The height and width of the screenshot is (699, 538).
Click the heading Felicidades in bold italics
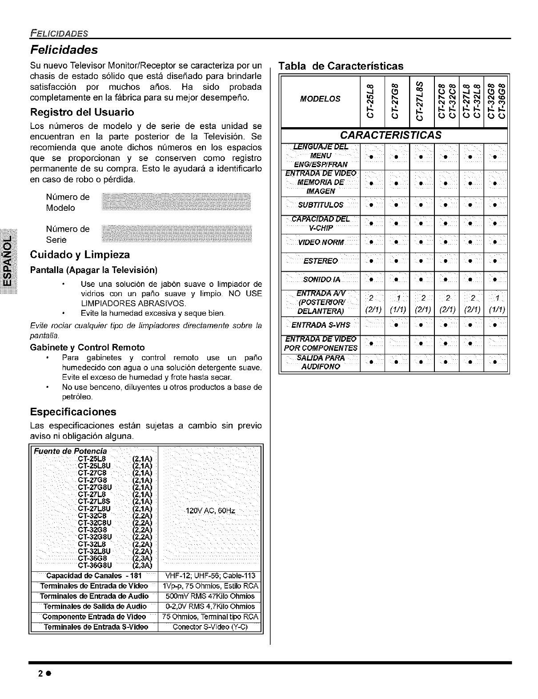[64, 48]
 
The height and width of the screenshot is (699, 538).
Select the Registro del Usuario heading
[82, 112]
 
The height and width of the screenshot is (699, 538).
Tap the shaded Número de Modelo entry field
[176, 202]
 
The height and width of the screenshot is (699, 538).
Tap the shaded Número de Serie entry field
[177, 234]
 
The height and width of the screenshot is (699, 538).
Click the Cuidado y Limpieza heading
[80, 255]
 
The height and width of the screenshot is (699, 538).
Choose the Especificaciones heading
[73, 411]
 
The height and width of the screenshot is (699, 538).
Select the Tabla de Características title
[341, 66]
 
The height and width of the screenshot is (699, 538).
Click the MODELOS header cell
[320, 98]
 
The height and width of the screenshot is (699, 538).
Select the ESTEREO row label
[320, 261]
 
